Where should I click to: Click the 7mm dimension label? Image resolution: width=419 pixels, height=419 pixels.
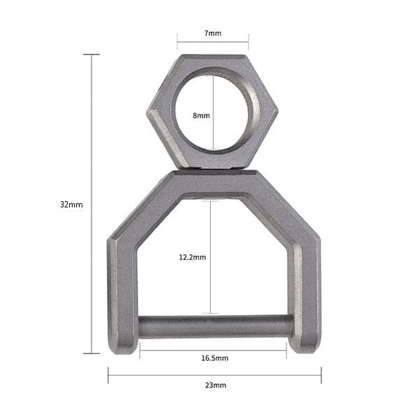[x=213, y=34]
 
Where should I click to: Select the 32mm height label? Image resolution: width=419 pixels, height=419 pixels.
[x=71, y=205]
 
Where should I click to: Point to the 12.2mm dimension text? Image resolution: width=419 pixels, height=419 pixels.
[x=193, y=257]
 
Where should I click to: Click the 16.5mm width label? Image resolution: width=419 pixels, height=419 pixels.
[x=214, y=358]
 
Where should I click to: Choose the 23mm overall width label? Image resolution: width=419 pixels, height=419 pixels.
[x=215, y=385]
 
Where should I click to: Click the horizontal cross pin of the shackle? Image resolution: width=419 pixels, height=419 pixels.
[x=215, y=326]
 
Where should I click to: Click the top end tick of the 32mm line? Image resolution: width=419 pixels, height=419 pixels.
[x=91, y=54]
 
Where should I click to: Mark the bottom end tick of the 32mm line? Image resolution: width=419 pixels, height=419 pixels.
[x=91, y=353]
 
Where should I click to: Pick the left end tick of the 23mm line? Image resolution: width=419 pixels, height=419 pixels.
[x=108, y=376]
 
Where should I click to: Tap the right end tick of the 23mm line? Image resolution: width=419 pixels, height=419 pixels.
[x=321, y=376]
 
